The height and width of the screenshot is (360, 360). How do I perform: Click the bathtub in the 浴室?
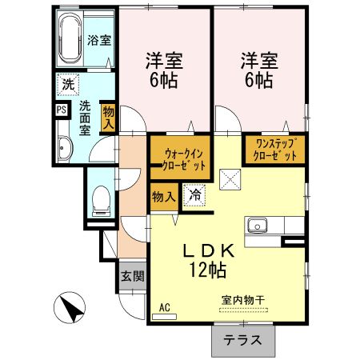coord(70,38)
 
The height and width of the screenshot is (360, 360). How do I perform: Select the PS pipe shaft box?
coord(62,110)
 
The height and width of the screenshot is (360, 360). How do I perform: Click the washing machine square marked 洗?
coord(68,85)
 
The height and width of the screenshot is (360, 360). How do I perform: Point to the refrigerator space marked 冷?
coord(195,195)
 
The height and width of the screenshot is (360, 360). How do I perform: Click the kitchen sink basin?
coord(257,225)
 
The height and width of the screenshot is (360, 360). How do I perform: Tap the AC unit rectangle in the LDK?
coord(164,317)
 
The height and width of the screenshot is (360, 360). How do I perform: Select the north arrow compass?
coord(70,307)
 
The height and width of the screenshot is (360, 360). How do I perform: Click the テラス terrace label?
coord(242,340)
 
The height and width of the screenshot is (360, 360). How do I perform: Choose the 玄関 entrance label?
coord(133,276)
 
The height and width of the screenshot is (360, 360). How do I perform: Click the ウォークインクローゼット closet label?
coord(184,160)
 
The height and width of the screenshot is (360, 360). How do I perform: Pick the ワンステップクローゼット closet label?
coord(275,150)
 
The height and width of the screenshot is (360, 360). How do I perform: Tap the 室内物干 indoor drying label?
coord(243,300)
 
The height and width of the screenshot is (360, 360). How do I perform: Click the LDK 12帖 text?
coord(208,261)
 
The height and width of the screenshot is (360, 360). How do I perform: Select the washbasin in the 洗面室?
coord(65,149)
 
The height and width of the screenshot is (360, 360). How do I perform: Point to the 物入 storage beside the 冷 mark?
coord(164,197)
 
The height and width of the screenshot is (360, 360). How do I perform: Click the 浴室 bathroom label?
coord(99,40)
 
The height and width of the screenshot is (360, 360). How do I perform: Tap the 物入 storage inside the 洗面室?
coord(109,118)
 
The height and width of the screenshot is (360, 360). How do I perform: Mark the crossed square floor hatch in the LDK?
coord(230,179)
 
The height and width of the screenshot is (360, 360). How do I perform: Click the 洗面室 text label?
coord(85,118)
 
